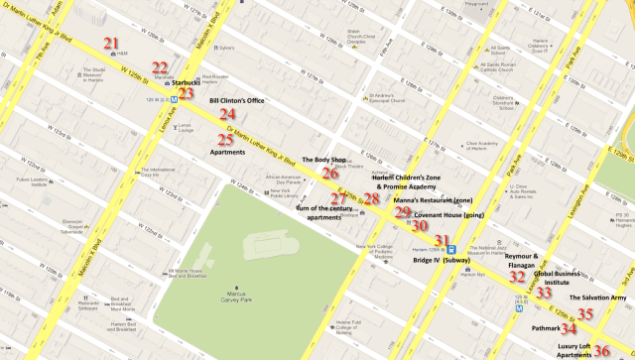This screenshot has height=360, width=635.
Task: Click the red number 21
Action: click(x=111, y=44)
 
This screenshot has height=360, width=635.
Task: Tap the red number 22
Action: click(x=160, y=68)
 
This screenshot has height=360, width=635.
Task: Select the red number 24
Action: click(x=227, y=115)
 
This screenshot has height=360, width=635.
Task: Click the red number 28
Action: click(x=371, y=199)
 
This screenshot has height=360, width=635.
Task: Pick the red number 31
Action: click(x=443, y=240)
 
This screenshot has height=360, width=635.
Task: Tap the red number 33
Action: click(x=544, y=293)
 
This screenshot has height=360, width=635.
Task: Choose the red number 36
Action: click(x=601, y=350)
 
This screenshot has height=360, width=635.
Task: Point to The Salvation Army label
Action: click(x=599, y=298)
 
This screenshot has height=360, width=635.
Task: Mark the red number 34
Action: click(x=569, y=327)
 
